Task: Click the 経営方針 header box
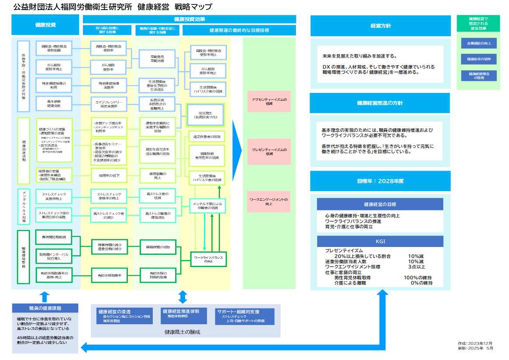coord(380,26)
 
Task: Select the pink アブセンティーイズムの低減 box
coord(269,102)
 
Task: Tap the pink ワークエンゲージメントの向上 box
coord(269,202)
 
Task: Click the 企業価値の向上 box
coord(478,43)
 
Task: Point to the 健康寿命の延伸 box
coord(478,59)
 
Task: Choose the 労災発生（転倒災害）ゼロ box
coord(205,115)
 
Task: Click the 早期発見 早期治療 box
coord(157,58)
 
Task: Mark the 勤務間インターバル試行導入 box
coord(54,257)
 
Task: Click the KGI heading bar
coord(380,241)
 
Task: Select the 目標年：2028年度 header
coord(380,180)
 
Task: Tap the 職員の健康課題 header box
coord(45,309)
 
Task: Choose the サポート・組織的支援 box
coord(244,316)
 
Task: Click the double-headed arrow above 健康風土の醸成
coord(183,297)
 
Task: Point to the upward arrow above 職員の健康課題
coord(45,297)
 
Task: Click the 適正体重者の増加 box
coord(207,137)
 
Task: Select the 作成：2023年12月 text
coord(475,344)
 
